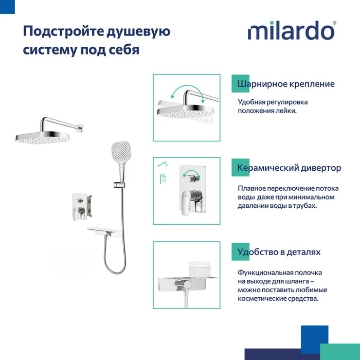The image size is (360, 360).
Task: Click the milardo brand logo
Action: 292,30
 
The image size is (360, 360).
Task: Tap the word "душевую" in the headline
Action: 138,32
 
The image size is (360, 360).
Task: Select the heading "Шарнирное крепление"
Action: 286,84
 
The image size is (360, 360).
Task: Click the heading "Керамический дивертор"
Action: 289,168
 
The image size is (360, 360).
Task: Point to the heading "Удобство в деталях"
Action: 279,252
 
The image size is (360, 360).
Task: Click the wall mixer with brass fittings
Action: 82,207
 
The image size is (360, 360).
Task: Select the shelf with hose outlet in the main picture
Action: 104,232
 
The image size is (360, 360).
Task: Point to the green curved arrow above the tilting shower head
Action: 187,90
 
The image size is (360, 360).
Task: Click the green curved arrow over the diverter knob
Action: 191,172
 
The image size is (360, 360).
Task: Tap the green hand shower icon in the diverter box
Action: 163,164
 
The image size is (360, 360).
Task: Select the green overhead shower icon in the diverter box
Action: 163,179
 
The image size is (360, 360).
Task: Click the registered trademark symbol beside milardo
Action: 334,23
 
